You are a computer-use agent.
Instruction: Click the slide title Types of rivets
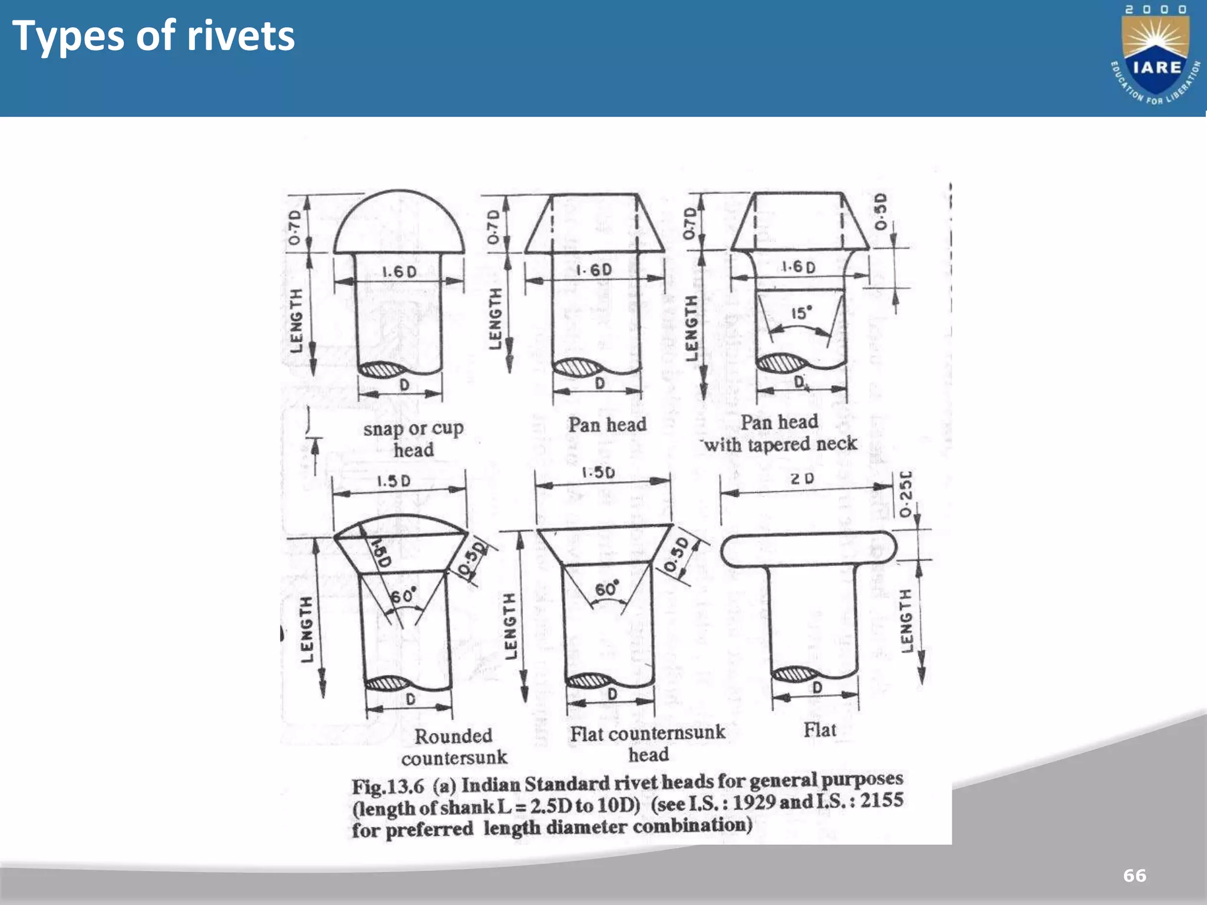153,37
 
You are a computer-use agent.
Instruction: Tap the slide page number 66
1135,876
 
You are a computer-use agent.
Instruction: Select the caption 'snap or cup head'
413,438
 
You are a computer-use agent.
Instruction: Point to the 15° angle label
801,313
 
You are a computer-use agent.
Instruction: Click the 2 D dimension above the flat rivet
802,479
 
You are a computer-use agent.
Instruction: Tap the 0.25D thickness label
906,495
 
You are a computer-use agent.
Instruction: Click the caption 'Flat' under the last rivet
820,730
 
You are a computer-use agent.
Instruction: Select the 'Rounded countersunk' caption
454,747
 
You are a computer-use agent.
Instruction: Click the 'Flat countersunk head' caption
648,743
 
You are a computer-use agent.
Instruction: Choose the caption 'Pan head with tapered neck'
779,433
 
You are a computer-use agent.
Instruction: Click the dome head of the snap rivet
399,224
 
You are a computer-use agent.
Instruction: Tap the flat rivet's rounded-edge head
809,549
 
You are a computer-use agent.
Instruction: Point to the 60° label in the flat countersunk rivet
606,589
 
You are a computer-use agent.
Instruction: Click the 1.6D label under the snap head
399,272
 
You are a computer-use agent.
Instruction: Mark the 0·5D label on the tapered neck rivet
880,212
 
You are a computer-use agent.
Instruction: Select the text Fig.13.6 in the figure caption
388,787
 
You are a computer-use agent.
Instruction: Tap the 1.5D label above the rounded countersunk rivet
394,481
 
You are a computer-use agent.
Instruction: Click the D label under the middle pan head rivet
599,384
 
